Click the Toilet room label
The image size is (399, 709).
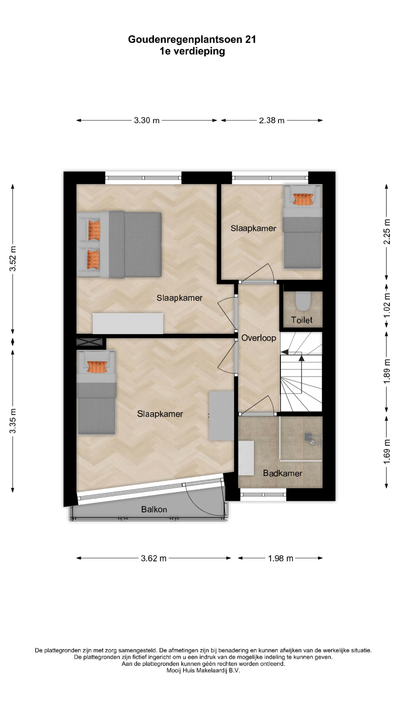pyautogui.click(x=301, y=320)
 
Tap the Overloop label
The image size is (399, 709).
pyautogui.click(x=259, y=338)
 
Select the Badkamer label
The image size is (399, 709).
pyautogui.click(x=283, y=473)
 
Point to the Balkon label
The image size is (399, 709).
pyautogui.click(x=154, y=510)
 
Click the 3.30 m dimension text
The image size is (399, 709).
pyautogui.click(x=147, y=120)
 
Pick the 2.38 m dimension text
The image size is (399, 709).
pyautogui.click(x=272, y=120)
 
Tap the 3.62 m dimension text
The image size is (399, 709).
pyautogui.click(x=154, y=558)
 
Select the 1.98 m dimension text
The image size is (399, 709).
pyautogui.click(x=281, y=558)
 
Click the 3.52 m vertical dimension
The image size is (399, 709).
pyautogui.click(x=13, y=258)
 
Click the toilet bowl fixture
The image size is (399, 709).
pyautogui.click(x=303, y=301)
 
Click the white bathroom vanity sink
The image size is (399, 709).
pyautogui.click(x=246, y=458)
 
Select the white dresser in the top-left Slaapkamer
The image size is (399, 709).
pyautogui.click(x=128, y=323)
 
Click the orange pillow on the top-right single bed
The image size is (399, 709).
pyautogui.click(x=303, y=199)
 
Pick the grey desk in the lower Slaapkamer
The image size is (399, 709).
pyautogui.click(x=221, y=416)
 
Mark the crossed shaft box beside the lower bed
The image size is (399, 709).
pyautogui.click(x=89, y=342)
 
